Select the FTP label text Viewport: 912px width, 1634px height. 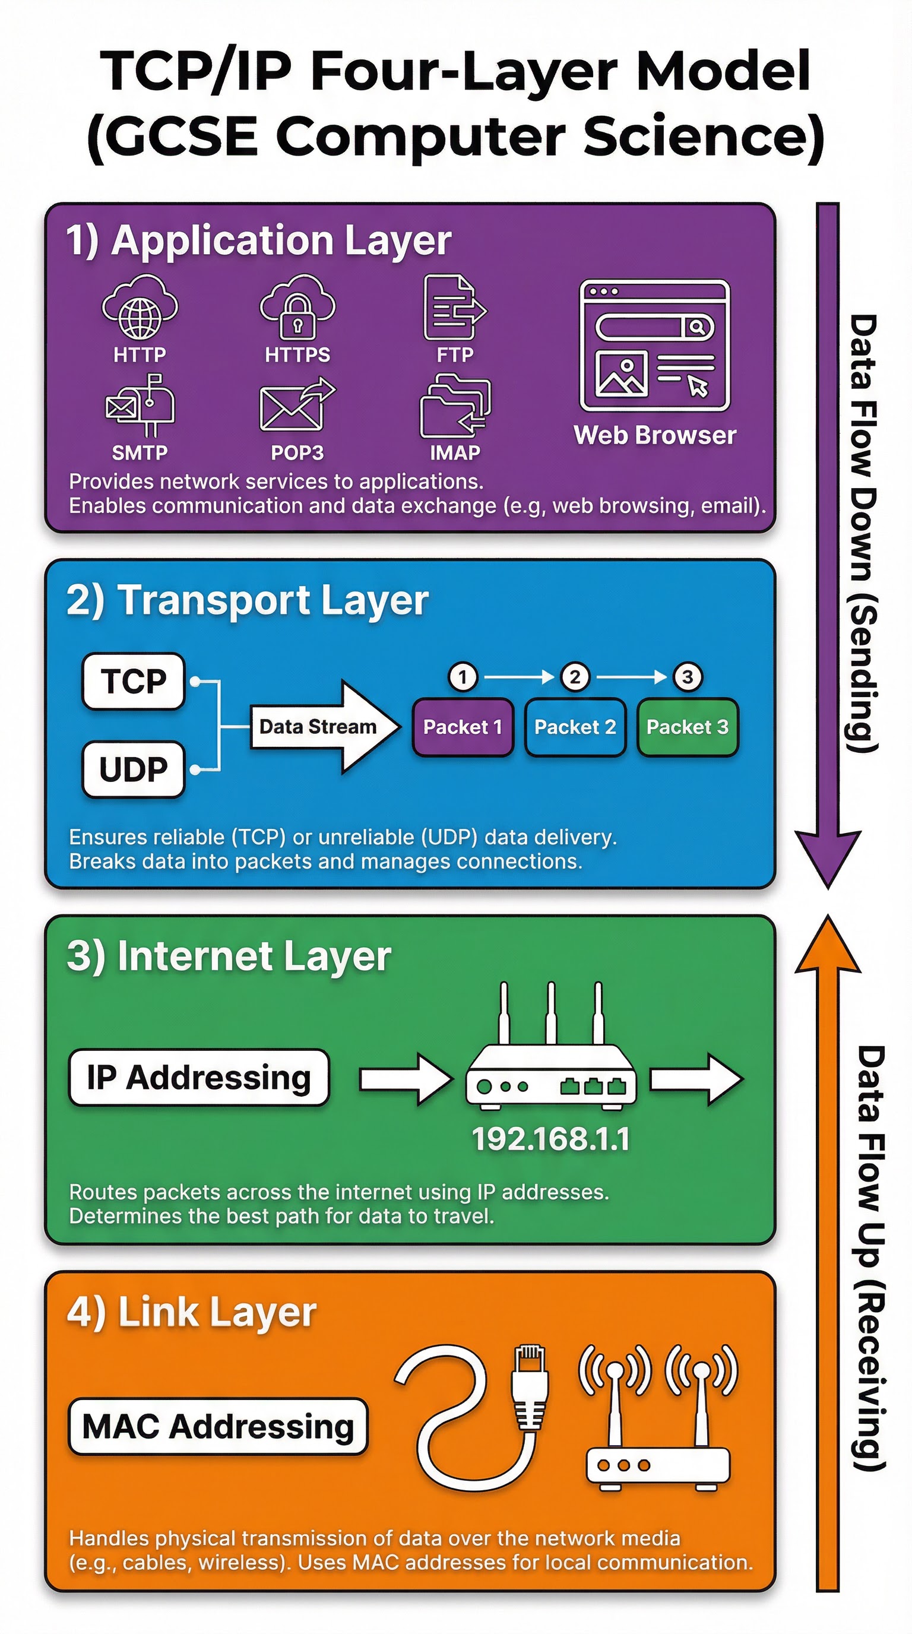455,354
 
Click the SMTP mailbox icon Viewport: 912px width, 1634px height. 140,406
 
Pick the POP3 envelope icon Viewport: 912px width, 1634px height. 297,406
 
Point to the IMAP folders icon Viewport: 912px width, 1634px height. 455,407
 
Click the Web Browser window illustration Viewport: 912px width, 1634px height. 654,346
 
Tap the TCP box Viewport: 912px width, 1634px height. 133,681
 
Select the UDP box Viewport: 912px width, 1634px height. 133,769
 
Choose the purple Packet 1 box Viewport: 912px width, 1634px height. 463,727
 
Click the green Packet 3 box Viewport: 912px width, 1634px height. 687,727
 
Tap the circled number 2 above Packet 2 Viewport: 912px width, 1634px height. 575,677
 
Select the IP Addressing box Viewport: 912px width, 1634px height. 199,1078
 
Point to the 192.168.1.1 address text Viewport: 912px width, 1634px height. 550,1139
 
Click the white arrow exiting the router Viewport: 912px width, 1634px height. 696,1078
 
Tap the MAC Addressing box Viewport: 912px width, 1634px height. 217,1427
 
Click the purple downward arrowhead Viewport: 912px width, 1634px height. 828,856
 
